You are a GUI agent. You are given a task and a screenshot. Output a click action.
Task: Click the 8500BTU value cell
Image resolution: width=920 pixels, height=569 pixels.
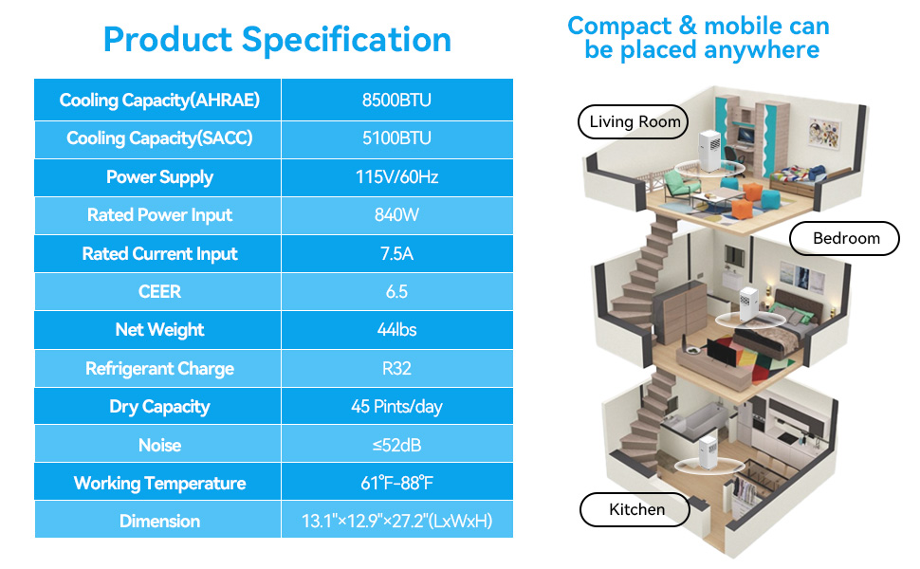point(396,100)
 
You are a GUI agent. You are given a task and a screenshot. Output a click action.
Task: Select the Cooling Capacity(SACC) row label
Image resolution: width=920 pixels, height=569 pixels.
point(159,138)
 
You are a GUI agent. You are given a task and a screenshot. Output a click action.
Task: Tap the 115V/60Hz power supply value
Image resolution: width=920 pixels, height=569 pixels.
point(396,176)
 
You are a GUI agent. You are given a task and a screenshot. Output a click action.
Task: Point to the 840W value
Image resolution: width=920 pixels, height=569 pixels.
point(396,214)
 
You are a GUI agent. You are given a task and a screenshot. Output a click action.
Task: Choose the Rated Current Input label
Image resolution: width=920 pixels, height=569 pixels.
point(159,253)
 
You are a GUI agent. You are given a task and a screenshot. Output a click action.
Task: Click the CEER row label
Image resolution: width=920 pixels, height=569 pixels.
point(159,291)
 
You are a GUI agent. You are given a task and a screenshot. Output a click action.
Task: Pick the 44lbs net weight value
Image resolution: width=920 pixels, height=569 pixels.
point(396,330)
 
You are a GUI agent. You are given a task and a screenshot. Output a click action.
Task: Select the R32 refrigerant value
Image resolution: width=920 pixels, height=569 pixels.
point(396,368)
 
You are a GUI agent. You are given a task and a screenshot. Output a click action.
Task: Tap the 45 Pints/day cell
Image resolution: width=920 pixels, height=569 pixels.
point(396,407)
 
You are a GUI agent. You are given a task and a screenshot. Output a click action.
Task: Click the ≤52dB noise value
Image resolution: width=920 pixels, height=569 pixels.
point(396,445)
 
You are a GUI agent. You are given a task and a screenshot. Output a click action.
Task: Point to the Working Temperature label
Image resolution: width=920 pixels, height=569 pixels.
point(159,484)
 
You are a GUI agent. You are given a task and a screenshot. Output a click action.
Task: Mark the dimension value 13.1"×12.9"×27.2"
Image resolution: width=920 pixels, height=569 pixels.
point(396,521)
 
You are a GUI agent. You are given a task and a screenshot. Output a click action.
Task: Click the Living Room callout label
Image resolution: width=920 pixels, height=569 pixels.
point(634,121)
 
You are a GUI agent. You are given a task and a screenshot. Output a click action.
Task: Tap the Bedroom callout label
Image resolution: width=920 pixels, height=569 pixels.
point(845,238)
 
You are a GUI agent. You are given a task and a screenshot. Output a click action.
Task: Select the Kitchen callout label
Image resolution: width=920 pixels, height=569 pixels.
point(635,509)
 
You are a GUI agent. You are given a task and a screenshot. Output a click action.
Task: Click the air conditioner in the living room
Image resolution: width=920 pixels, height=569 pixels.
point(710,152)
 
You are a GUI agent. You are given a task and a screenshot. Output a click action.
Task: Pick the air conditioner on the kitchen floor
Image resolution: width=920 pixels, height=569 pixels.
point(708,452)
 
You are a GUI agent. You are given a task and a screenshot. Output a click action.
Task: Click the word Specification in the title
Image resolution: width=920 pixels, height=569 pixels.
point(346,41)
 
